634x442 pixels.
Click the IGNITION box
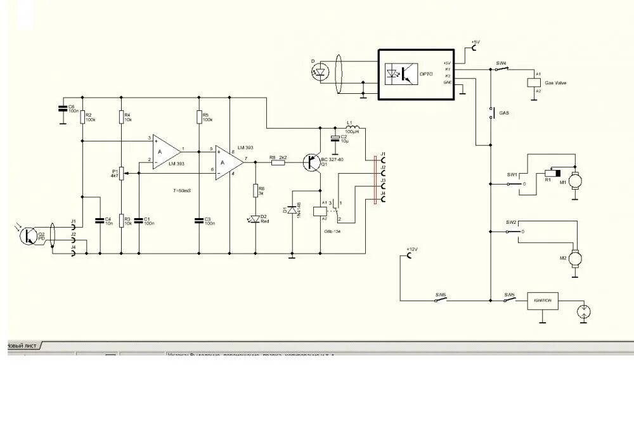545,302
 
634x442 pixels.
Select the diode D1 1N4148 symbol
292,209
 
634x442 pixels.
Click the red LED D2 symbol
256,219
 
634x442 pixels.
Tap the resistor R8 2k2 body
278,163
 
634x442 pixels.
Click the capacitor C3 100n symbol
199,220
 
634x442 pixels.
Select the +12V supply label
411,250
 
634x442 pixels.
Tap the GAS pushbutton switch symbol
491,113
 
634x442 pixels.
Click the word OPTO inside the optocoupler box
425,74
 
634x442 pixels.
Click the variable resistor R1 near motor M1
552,173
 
